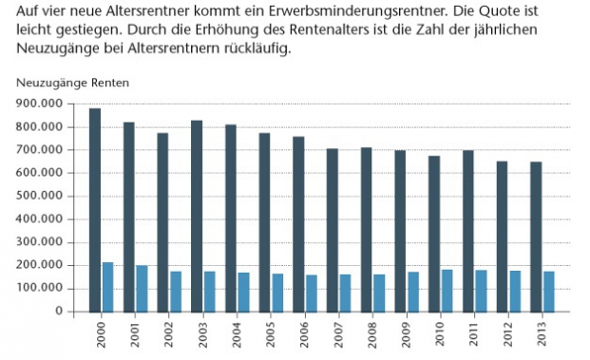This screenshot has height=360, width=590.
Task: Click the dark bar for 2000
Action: point(95,209)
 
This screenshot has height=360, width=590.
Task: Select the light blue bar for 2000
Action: point(107,286)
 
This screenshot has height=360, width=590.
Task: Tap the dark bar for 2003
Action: point(197,216)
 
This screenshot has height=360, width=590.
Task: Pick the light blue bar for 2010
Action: point(447,290)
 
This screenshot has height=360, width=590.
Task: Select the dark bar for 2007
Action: point(333,229)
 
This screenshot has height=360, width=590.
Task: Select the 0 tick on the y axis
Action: point(58,311)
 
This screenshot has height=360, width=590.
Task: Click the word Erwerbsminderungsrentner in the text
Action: point(368,13)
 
